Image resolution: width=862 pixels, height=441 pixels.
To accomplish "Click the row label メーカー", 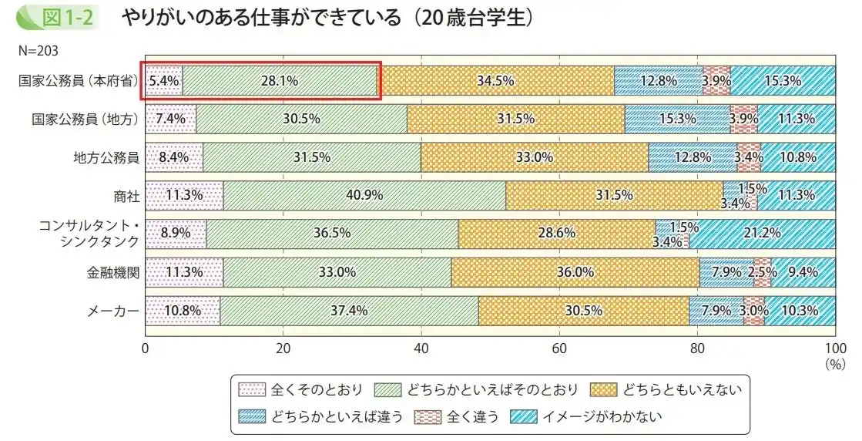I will (x=113, y=311).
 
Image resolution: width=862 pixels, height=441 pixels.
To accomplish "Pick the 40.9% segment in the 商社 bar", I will (x=364, y=196).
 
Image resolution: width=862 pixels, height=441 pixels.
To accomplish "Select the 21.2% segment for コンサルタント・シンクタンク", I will (x=762, y=234).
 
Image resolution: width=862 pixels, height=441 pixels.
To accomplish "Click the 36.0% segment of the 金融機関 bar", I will (x=575, y=272).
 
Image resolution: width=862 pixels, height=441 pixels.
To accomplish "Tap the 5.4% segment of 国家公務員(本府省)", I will (x=163, y=80).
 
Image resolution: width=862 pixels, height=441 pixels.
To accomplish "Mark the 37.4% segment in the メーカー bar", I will (x=349, y=311).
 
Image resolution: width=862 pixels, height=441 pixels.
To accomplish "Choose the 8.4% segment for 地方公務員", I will (x=174, y=157).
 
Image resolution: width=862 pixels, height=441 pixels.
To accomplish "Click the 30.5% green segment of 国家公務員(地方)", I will (x=302, y=119).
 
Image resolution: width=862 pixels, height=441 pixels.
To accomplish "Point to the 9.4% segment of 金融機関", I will (x=803, y=272).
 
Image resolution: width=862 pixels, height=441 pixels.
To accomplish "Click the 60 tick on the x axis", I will (x=559, y=347).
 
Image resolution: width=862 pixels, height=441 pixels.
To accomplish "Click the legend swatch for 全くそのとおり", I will (x=252, y=389).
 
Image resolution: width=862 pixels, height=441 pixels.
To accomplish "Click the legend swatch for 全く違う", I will (x=428, y=416).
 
